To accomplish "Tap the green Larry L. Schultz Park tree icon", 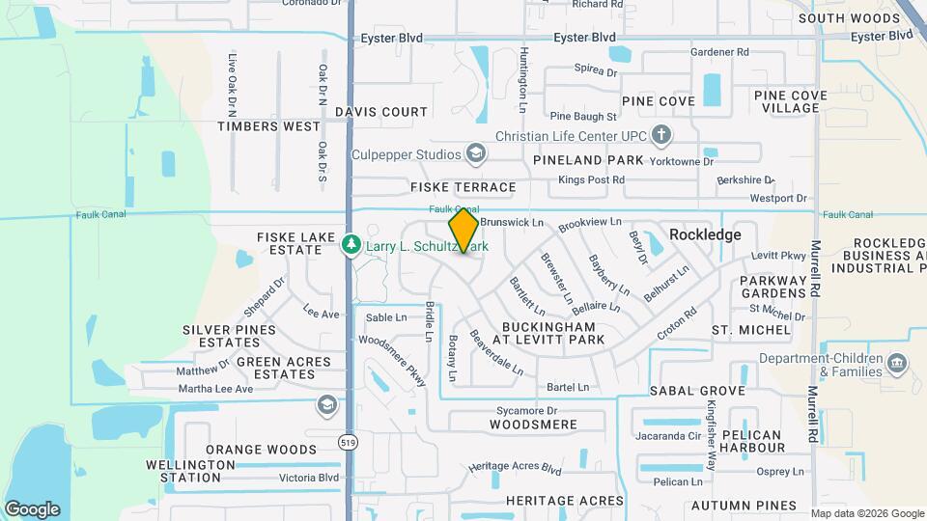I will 351,246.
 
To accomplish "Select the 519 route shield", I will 348,441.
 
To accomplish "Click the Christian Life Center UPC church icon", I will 661,134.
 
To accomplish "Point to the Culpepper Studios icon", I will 475,153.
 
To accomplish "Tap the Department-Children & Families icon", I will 897,365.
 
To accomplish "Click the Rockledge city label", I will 705,234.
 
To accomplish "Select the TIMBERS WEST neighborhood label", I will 268,126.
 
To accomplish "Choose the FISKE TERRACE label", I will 463,187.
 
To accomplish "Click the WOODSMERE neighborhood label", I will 532,425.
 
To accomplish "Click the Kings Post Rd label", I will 592,179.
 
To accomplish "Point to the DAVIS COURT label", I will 381,112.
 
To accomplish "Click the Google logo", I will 32,509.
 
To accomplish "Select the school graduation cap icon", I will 326,403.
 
